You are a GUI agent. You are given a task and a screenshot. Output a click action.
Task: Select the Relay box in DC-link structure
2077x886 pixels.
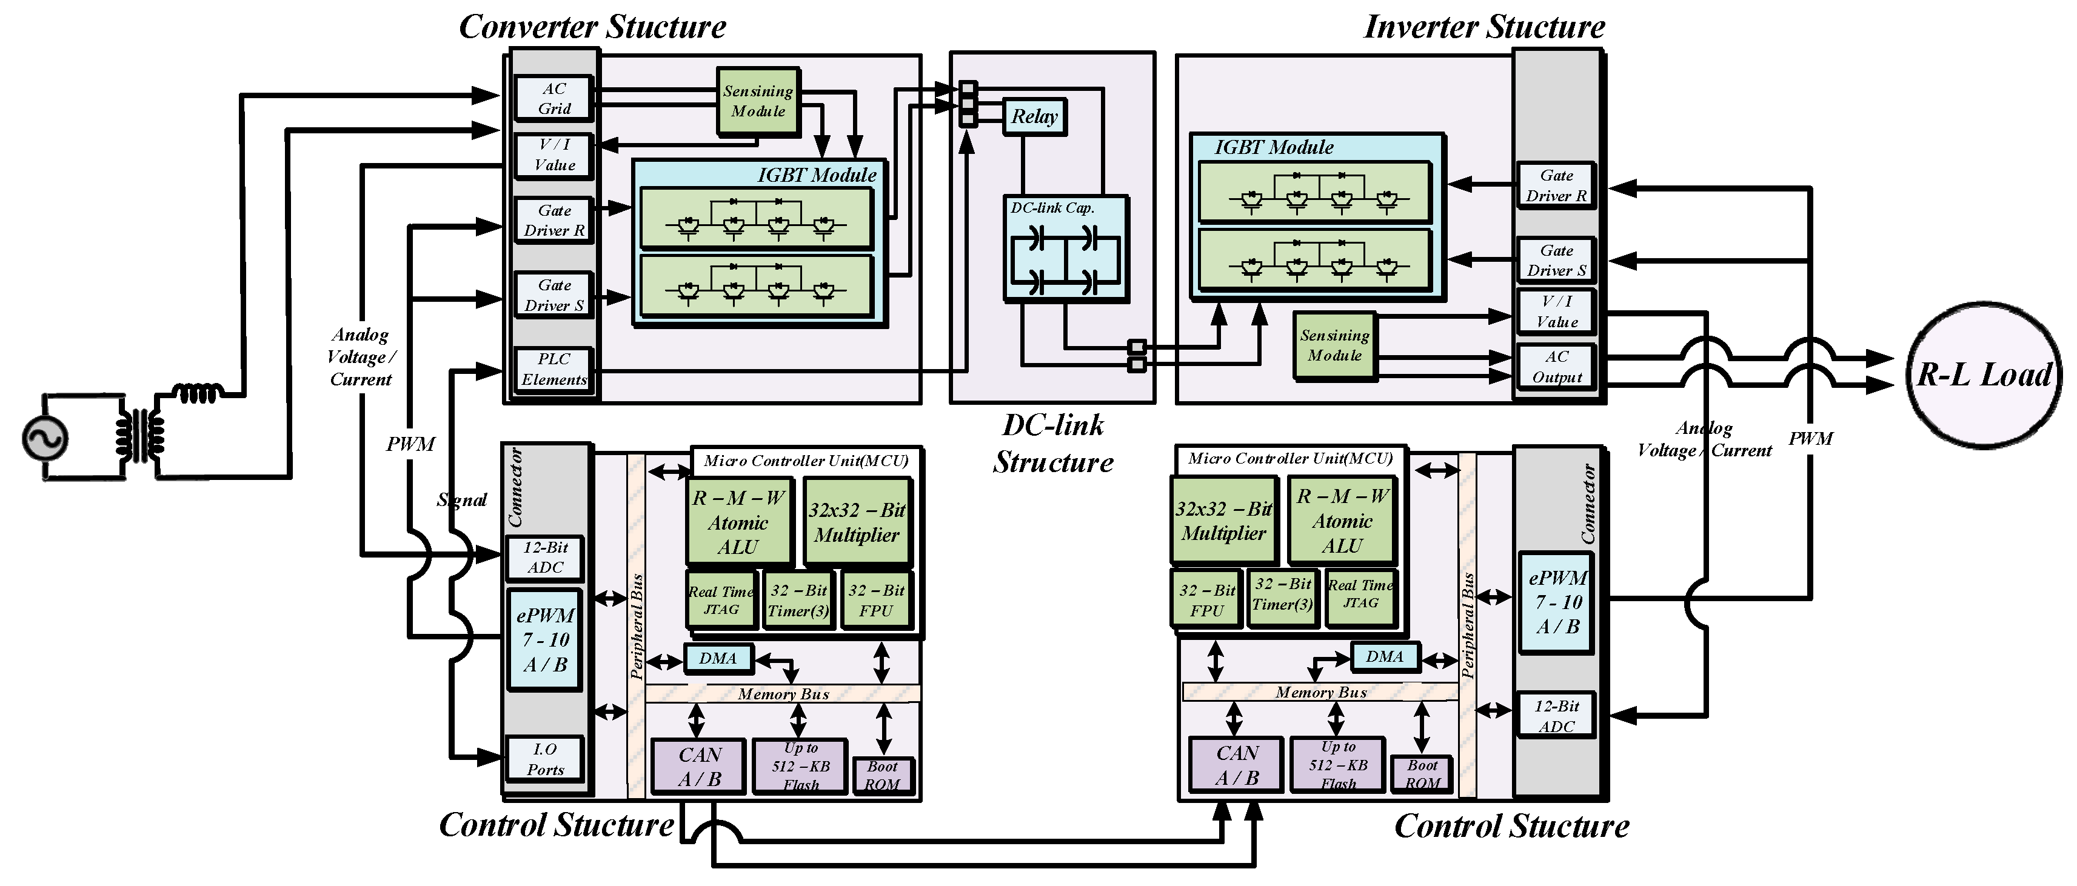point(1034,117)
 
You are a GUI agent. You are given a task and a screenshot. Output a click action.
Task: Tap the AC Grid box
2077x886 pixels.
point(554,98)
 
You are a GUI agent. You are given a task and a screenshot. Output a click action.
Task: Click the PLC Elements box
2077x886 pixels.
point(554,369)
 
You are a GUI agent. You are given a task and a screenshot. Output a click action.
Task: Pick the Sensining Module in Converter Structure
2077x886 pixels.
point(757,101)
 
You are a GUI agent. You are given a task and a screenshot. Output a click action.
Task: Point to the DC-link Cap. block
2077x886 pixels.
point(1065,248)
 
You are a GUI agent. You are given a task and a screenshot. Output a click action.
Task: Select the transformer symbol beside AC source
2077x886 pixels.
point(141,435)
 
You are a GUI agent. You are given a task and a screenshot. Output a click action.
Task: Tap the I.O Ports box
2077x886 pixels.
point(545,759)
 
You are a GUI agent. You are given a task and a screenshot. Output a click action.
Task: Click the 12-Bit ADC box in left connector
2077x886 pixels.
point(545,557)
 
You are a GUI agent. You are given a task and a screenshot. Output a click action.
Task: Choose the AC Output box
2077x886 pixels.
point(1556,367)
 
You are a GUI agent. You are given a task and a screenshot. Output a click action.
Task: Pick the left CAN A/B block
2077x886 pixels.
point(698,766)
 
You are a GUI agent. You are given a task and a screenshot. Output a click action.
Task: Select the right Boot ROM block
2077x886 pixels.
point(1422,774)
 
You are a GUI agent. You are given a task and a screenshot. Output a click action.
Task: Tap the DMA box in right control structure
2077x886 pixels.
point(1385,656)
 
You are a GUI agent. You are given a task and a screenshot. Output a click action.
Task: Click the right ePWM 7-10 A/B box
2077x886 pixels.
point(1557,601)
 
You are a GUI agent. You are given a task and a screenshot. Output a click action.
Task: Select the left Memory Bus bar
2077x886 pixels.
point(782,693)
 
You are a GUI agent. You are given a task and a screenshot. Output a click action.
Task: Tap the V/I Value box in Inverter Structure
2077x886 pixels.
point(1556,311)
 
